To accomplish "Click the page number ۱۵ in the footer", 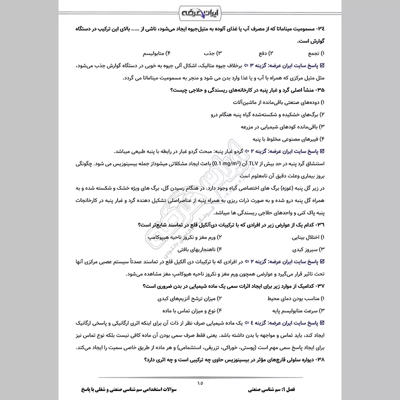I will [200, 383].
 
